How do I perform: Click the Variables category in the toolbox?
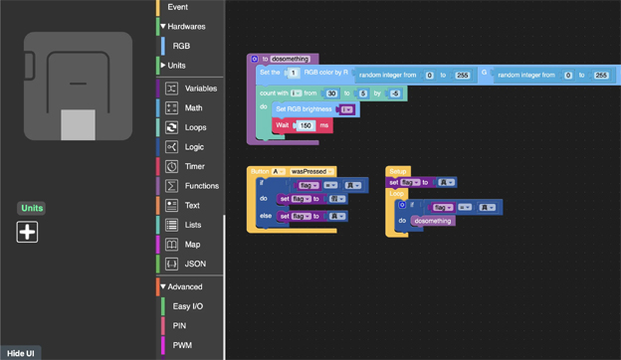pyautogui.click(x=200, y=89)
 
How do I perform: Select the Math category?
pyautogui.click(x=193, y=107)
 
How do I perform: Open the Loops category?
pyautogui.click(x=195, y=127)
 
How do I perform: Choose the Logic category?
pyautogui.click(x=194, y=147)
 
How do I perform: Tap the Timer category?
pyautogui.click(x=195, y=166)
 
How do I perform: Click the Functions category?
pyautogui.click(x=201, y=186)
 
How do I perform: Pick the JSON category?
pyautogui.click(x=195, y=264)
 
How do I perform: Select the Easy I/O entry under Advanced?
pyautogui.click(x=187, y=306)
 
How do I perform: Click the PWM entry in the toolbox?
pyautogui.click(x=182, y=345)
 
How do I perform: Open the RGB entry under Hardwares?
pyautogui.click(x=181, y=46)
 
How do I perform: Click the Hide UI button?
pyautogui.click(x=21, y=353)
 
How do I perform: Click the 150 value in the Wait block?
pyautogui.click(x=306, y=125)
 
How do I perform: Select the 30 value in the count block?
pyautogui.click(x=332, y=93)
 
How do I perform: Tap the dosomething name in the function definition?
pyautogui.click(x=291, y=59)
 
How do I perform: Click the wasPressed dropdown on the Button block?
pyautogui.click(x=312, y=171)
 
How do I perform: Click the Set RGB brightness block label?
pyautogui.click(x=305, y=109)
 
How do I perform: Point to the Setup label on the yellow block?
pyautogui.click(x=397, y=171)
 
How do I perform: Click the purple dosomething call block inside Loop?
pyautogui.click(x=433, y=220)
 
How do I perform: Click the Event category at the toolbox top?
pyautogui.click(x=177, y=7)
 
